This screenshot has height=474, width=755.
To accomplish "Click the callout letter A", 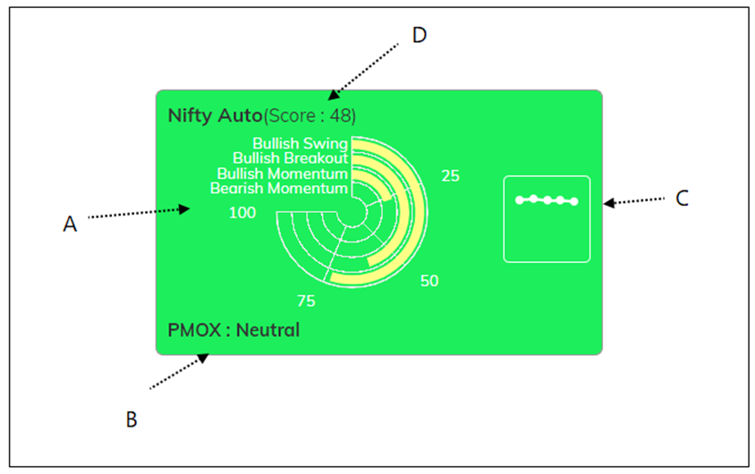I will coord(70,224).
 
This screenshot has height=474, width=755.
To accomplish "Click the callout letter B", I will coord(131,419).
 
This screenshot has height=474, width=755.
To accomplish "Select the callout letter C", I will coord(682,199).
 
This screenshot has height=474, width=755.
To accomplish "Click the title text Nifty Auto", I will coord(215,115).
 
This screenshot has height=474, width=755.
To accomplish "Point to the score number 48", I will coord(344,115).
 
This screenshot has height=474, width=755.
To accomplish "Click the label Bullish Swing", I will coord(300,143).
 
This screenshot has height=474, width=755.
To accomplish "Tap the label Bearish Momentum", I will coord(279,189).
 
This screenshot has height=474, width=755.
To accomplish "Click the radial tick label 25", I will coord(450,176).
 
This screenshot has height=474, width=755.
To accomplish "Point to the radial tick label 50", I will coord(429,281).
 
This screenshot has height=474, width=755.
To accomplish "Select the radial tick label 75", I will coord(306,300).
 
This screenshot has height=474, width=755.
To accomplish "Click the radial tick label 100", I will coord(242,213).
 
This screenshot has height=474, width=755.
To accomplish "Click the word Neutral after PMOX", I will coord(267,330).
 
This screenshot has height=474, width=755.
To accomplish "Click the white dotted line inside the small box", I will coord(547,200).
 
